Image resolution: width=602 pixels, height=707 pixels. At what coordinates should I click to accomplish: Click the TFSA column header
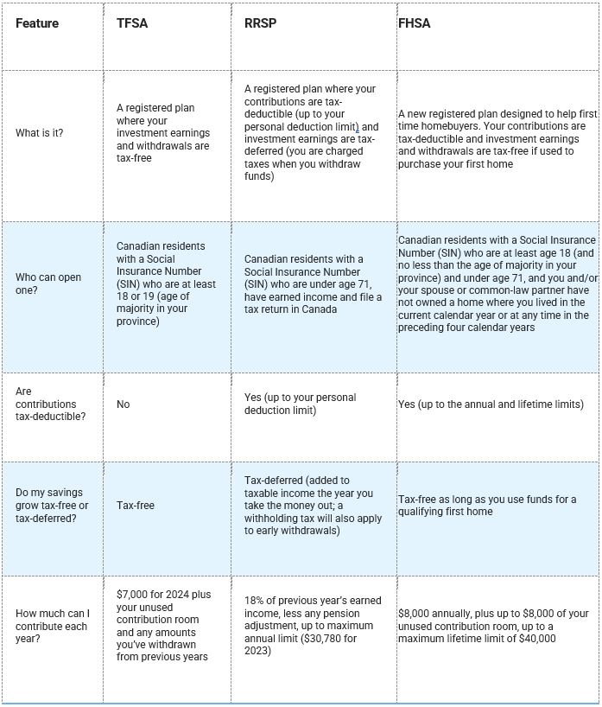[x=132, y=23]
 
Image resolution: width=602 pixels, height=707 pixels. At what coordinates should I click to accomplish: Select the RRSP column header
[x=260, y=23]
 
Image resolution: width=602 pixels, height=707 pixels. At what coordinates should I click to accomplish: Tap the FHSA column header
[x=414, y=23]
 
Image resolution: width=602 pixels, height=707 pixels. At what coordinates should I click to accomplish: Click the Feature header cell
[x=37, y=23]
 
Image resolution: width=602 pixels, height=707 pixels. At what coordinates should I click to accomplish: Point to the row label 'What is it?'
[x=39, y=133]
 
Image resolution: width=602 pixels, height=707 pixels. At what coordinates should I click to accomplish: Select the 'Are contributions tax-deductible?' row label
[x=46, y=404]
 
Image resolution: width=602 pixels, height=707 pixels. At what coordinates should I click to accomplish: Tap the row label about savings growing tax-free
[x=52, y=505]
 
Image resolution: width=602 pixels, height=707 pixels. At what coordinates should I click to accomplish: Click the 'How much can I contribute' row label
[x=52, y=626]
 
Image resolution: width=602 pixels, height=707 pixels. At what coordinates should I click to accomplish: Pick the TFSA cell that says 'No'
[x=124, y=404]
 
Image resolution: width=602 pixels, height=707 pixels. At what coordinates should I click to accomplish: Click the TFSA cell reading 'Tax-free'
[x=136, y=505]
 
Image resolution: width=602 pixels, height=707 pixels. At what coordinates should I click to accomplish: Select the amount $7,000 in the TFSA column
[x=133, y=595]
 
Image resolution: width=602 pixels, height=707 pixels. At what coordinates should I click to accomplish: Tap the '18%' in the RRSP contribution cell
[x=254, y=601]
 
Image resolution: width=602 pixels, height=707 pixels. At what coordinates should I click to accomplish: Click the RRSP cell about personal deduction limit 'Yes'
[x=300, y=404]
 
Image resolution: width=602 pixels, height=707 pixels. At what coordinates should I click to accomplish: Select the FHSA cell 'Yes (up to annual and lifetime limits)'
[x=491, y=404]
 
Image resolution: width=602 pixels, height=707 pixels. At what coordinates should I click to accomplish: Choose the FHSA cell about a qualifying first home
[x=486, y=505]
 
